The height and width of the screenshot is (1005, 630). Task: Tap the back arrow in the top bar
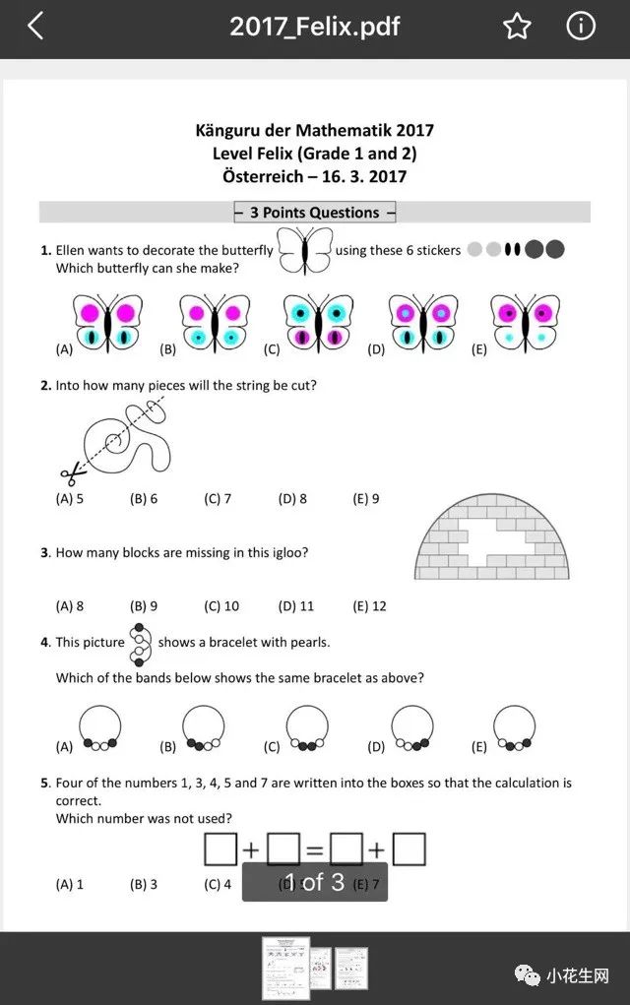click(35, 27)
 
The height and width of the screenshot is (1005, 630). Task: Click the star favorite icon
click(517, 27)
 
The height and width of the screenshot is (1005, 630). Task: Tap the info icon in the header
click(581, 27)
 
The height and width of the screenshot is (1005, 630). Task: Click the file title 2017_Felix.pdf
click(315, 27)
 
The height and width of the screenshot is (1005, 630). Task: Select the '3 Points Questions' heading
click(315, 213)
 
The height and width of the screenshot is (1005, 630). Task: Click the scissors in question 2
click(70, 475)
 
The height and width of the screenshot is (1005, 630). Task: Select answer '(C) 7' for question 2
click(218, 499)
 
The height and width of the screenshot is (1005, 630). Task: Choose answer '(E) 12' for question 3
click(369, 606)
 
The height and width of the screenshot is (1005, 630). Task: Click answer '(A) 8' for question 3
click(70, 606)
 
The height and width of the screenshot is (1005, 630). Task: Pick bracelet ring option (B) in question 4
click(205, 729)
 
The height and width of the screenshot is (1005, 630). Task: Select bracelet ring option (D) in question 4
click(412, 729)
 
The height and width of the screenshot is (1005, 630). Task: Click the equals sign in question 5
click(315, 849)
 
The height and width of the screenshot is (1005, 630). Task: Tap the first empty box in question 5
click(220, 849)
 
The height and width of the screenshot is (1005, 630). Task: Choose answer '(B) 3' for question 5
click(144, 884)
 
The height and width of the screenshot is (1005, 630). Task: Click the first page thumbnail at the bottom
click(285, 968)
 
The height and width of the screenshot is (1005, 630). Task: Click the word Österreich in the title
click(268, 177)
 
